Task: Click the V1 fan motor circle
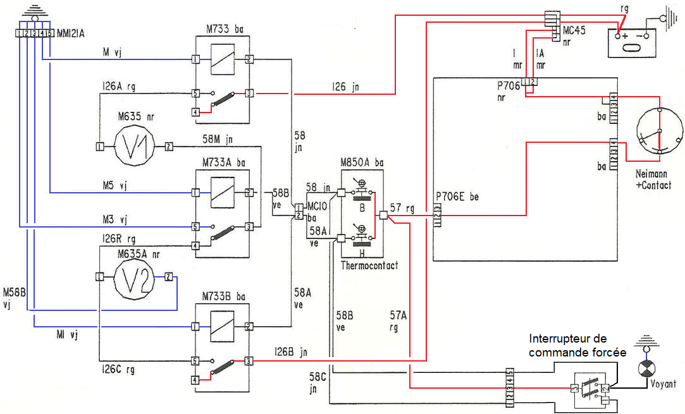[133, 147]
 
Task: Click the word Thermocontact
[369, 265]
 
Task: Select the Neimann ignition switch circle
[660, 131]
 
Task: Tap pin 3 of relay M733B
[249, 362]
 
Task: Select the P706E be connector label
[457, 197]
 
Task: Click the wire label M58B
[13, 297]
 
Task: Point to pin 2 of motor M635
[169, 147]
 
